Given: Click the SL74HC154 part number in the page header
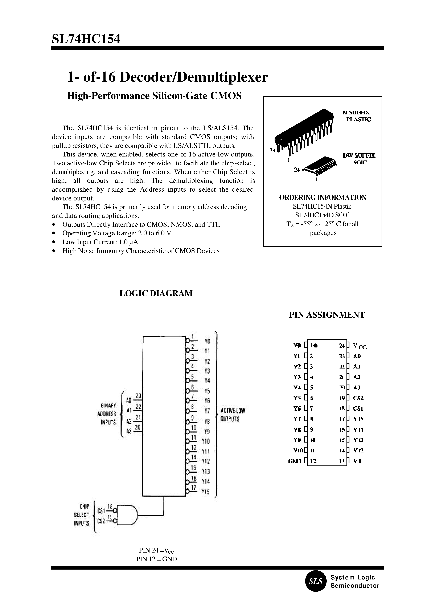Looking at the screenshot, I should click(x=86, y=39).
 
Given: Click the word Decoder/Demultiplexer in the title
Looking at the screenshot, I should click(x=193, y=77).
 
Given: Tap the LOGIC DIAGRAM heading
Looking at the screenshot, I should click(x=156, y=293).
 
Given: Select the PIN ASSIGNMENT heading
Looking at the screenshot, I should click(x=327, y=315).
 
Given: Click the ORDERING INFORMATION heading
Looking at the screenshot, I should click(x=323, y=197).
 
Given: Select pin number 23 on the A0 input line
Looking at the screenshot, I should click(x=138, y=396).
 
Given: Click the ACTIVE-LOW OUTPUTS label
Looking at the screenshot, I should click(x=233, y=415).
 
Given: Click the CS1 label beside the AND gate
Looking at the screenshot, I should click(x=101, y=511).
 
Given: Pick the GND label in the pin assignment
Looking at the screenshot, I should click(x=294, y=461).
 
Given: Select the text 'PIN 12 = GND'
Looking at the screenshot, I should click(x=156, y=559).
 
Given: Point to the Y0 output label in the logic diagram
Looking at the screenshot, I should click(x=207, y=341).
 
